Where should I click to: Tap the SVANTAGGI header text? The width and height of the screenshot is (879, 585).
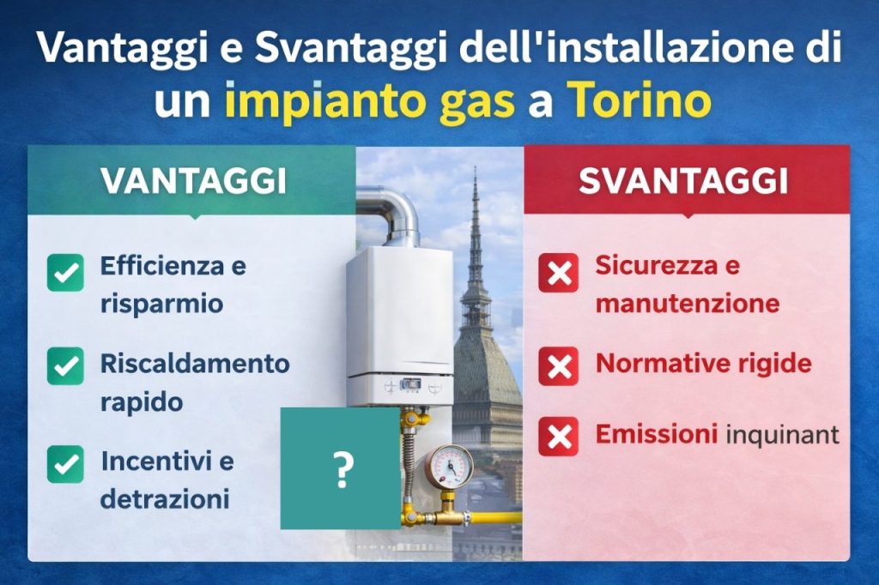tap(683, 180)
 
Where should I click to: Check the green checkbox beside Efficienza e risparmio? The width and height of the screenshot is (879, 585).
tap(65, 273)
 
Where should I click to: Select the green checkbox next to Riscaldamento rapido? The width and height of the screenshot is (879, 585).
tap(65, 365)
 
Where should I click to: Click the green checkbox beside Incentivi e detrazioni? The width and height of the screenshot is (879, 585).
tap(65, 464)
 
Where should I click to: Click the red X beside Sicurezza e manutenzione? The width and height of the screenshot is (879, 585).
tap(558, 274)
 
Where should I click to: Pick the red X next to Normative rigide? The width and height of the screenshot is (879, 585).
tap(558, 366)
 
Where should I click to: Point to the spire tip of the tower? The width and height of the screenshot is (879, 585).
tap(475, 172)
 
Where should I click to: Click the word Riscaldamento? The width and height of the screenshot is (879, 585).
tap(195, 363)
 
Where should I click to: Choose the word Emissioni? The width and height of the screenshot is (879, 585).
tap(657, 435)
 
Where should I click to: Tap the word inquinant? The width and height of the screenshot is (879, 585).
tap(782, 436)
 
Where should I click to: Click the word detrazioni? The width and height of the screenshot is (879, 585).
tap(165, 498)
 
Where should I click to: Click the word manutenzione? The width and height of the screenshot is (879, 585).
tap(687, 304)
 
